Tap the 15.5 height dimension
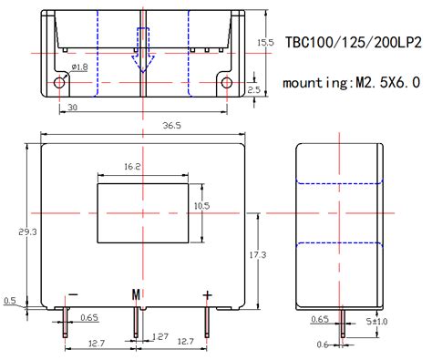coord(265,42)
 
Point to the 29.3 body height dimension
coord(31,232)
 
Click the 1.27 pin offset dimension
coord(160,335)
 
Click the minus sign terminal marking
coord(73,294)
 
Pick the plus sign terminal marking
coord(208,293)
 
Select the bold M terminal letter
coord(137,294)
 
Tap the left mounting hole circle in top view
coord(60,82)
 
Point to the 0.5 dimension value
coord(10,301)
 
